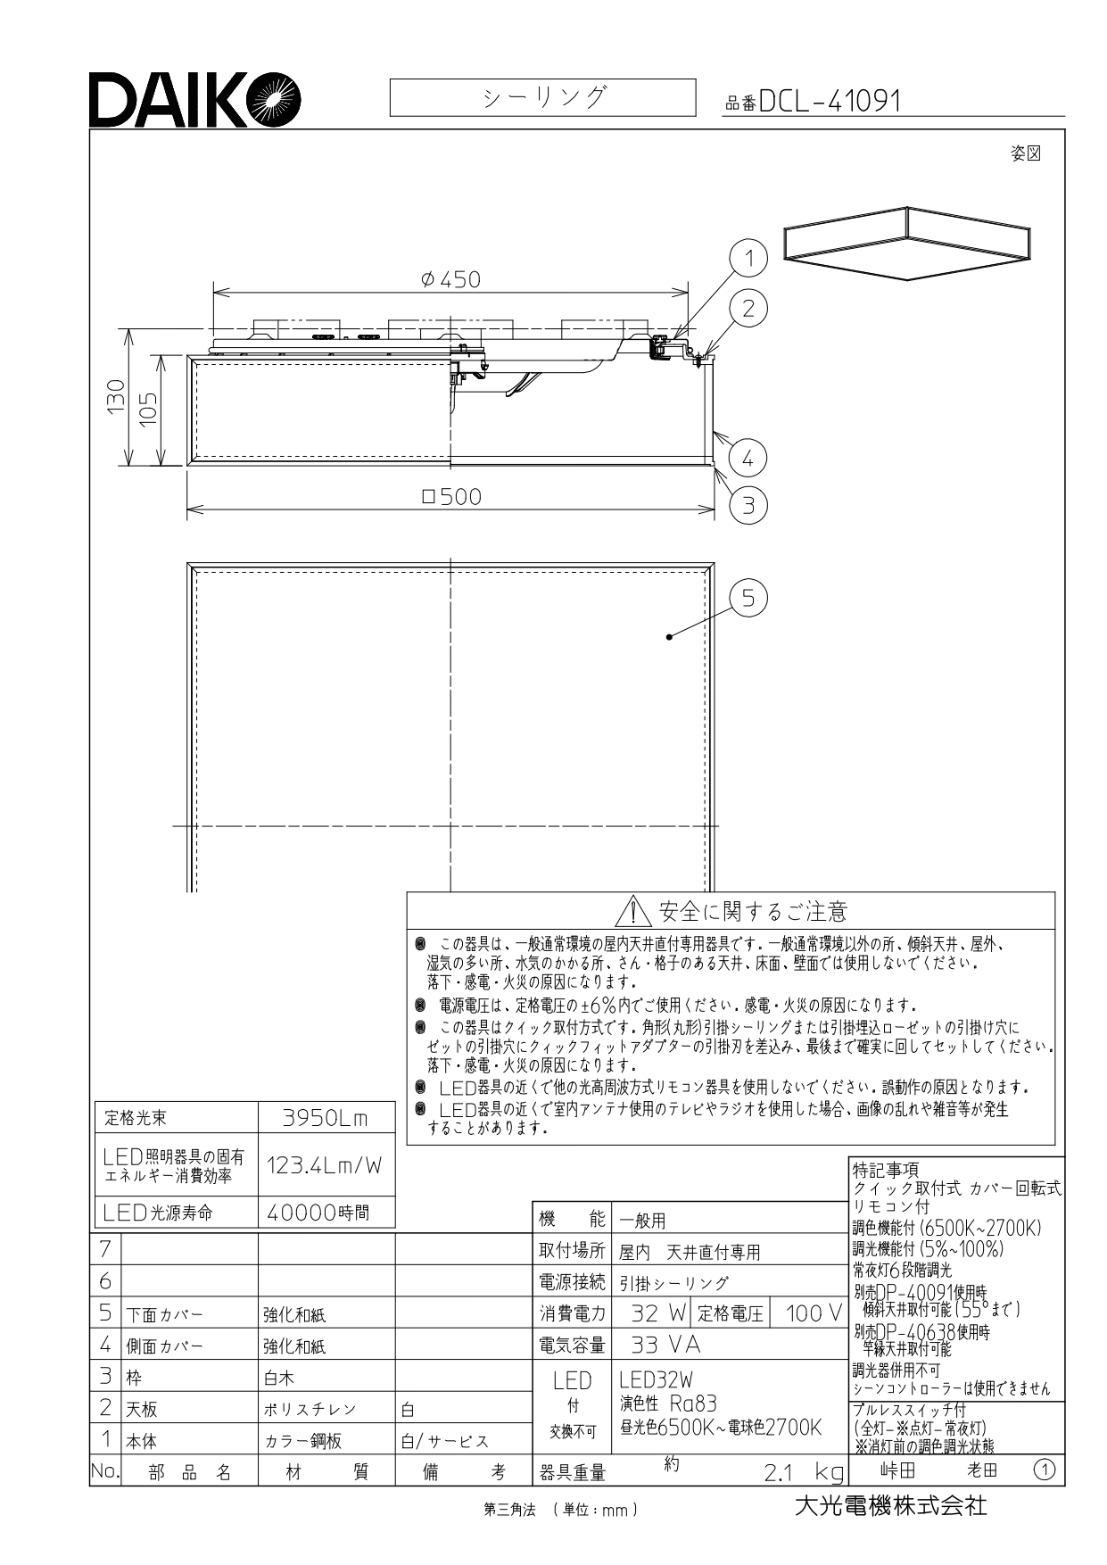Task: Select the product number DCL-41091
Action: (830, 102)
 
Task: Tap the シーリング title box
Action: (542, 97)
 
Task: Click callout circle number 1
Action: (749, 259)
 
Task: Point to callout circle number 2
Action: (748, 308)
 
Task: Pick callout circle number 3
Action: (748, 506)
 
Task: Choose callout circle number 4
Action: (748, 459)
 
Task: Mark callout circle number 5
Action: (748, 598)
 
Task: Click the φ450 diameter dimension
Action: (450, 279)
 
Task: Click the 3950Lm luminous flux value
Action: (325, 1118)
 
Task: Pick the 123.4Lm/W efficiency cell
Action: (325, 1164)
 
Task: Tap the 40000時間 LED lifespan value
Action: (318, 1213)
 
